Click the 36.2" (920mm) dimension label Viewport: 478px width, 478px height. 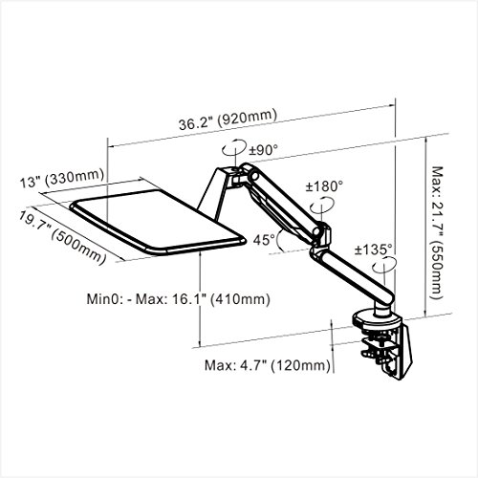[228, 119]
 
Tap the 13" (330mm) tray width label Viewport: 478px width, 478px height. [62, 179]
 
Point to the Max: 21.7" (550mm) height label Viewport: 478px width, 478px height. [436, 232]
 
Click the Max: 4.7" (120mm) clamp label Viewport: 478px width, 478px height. [267, 365]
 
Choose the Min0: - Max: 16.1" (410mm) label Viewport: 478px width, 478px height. [179, 299]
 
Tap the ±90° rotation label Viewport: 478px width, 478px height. [264, 149]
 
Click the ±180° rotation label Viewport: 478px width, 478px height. [324, 186]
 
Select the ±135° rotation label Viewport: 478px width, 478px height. [374, 250]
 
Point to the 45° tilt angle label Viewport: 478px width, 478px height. [264, 240]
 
